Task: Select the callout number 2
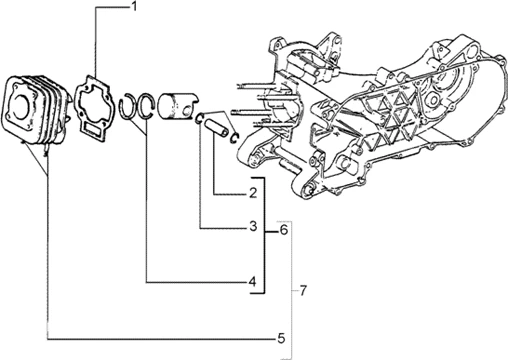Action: (x=254, y=192)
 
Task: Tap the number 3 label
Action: (x=254, y=228)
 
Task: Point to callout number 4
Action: (x=254, y=282)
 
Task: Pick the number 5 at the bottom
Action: (x=282, y=337)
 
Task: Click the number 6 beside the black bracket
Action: (x=284, y=230)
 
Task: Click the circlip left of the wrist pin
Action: (x=201, y=118)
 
